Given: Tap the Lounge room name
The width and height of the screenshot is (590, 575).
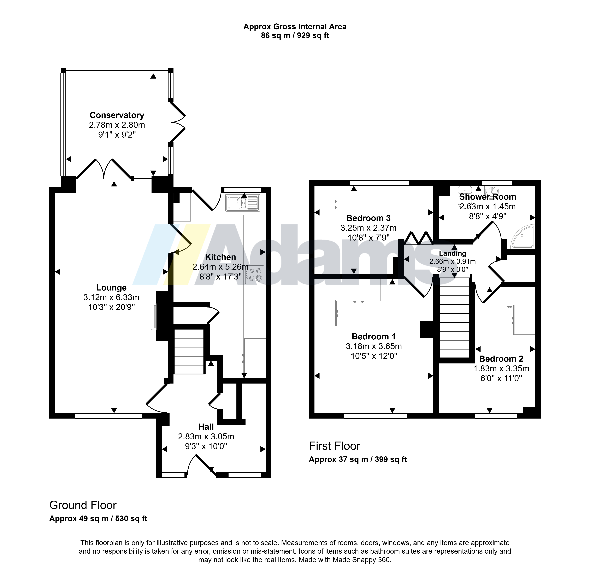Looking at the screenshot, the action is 111,288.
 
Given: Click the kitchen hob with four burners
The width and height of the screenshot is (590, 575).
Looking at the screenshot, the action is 255,275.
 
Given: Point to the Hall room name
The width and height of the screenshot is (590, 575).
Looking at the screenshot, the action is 206,427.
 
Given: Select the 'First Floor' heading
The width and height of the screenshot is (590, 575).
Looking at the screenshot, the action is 334,446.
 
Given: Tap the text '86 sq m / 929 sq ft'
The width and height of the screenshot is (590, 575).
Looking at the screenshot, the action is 295,36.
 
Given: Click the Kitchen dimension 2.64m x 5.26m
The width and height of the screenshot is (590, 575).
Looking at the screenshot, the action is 221,267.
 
